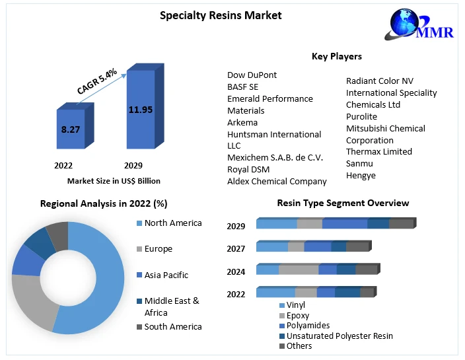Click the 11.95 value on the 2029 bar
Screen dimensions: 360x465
point(140,109)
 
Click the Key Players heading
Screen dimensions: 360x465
point(336,56)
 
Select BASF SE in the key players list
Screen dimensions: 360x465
point(243,87)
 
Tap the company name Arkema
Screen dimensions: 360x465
point(242,122)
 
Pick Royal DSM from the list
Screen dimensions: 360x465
point(248,169)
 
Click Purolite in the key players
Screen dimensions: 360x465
point(361,116)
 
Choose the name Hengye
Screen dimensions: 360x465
point(361,175)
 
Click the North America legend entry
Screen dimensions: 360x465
point(172,223)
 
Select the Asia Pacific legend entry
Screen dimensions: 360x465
point(166,275)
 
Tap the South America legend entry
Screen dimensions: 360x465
point(172,326)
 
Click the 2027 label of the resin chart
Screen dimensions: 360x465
point(236,249)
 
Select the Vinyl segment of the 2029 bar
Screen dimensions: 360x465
point(277,223)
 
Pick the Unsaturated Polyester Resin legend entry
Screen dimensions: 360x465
point(339,336)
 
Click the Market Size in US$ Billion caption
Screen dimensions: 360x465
point(114,181)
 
